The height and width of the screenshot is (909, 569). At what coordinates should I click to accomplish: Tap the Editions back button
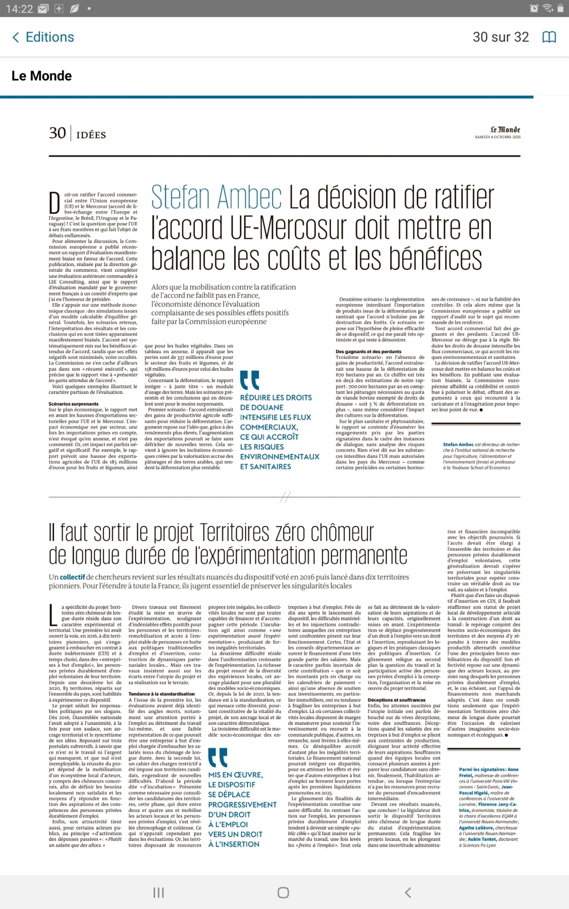(x=43, y=37)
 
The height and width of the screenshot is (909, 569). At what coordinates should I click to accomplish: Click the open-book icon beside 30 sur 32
(x=549, y=37)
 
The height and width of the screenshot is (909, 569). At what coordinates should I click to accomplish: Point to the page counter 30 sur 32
(x=501, y=37)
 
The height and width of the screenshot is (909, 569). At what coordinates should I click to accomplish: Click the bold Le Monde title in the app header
(x=42, y=76)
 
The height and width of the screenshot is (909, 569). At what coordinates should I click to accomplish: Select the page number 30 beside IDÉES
(x=57, y=133)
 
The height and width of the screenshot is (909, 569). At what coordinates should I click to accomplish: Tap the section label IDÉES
(x=91, y=135)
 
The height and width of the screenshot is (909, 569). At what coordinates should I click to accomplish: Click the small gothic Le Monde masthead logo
(x=505, y=130)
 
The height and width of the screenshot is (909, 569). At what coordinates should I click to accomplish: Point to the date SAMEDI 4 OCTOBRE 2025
(x=498, y=137)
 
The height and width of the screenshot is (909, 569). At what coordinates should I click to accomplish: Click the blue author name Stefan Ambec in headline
(x=216, y=198)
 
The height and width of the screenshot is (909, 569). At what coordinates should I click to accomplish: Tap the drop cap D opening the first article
(x=55, y=203)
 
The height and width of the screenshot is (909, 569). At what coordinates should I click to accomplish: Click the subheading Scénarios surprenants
(x=73, y=404)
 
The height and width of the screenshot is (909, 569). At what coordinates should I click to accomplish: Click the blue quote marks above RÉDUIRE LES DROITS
(x=250, y=380)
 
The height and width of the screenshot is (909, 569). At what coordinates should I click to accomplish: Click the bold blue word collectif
(x=72, y=577)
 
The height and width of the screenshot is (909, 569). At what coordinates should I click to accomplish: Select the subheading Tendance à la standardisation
(x=161, y=694)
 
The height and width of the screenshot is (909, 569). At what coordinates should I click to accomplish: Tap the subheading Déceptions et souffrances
(x=397, y=699)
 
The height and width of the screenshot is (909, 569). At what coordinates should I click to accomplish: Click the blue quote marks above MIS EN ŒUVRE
(x=218, y=757)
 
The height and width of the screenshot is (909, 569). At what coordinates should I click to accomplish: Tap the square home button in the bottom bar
(x=284, y=892)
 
